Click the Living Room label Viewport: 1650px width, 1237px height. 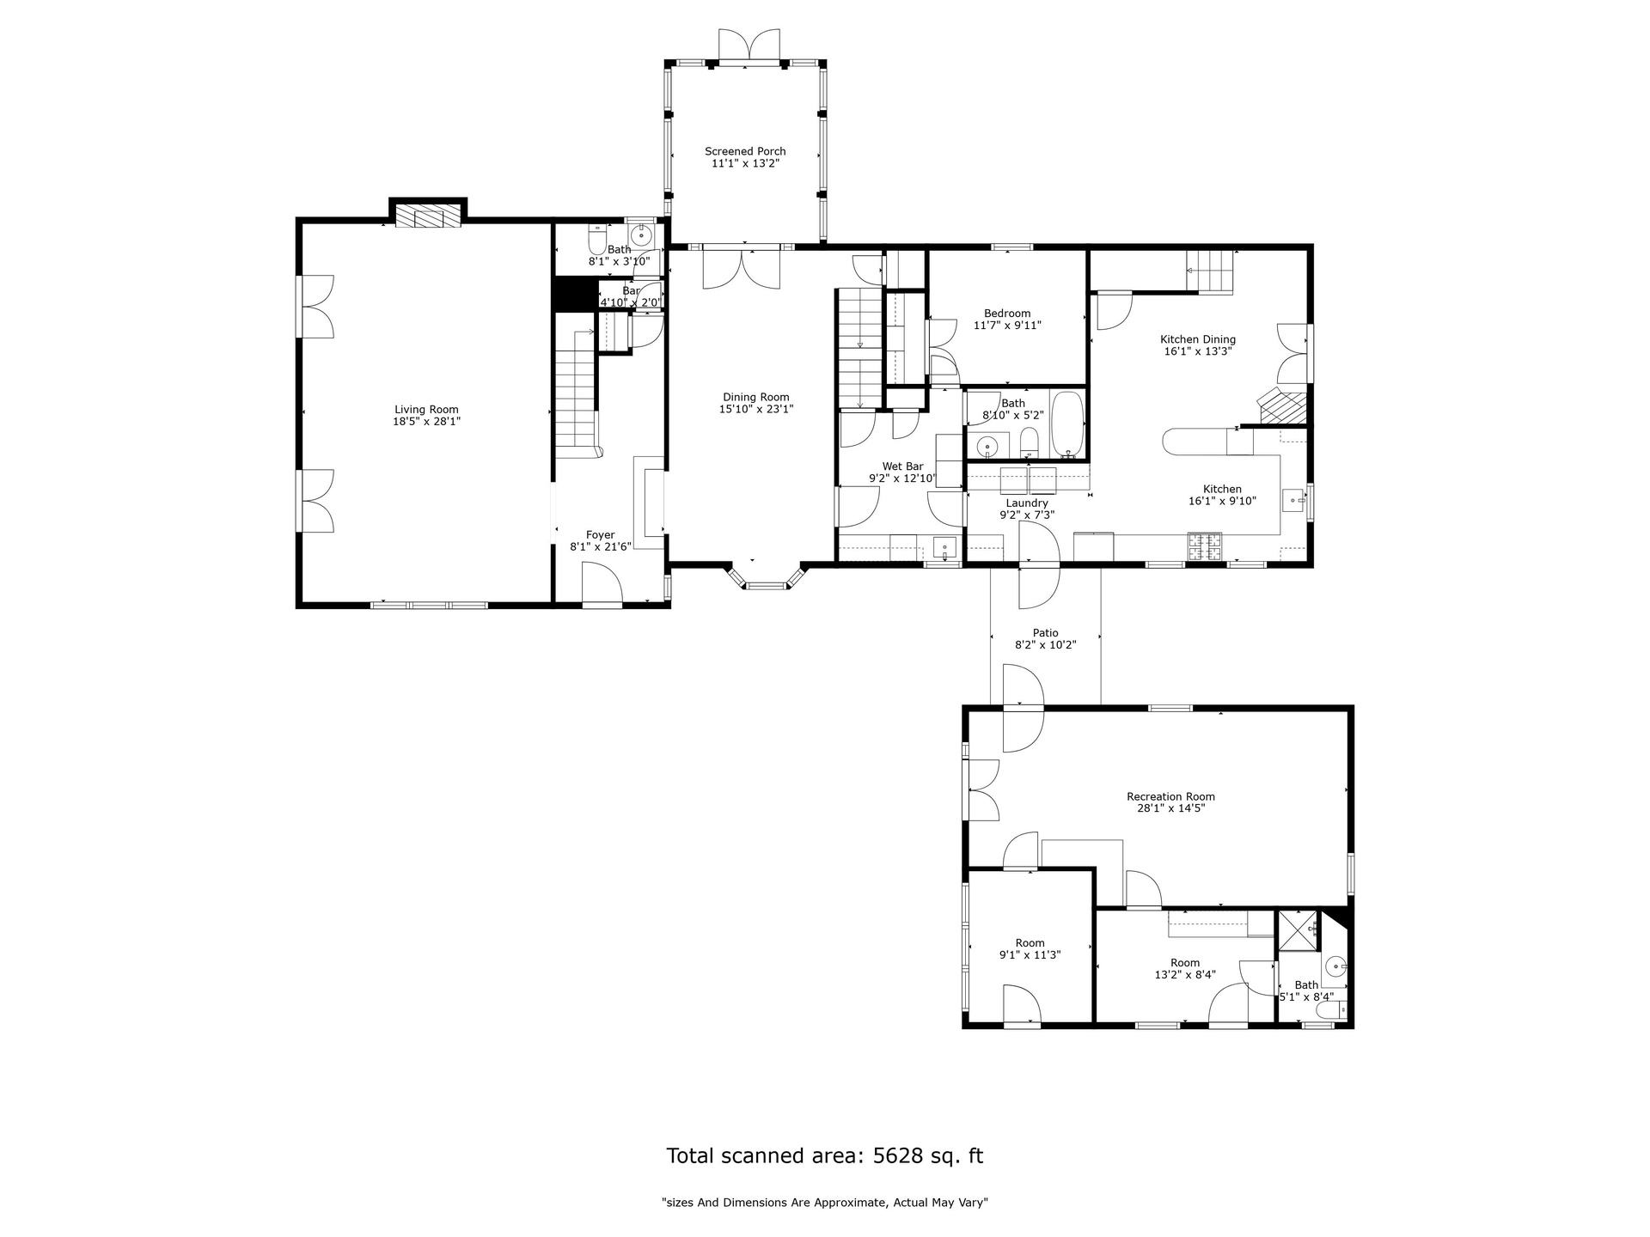[x=426, y=410]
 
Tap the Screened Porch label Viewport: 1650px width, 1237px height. [x=745, y=151]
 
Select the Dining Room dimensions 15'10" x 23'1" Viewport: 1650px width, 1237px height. [x=756, y=410]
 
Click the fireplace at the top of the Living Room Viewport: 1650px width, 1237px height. [x=428, y=216]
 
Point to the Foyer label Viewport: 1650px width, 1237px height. [x=601, y=535]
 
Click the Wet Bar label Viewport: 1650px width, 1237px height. [x=902, y=466]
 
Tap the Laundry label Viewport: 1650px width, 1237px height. [x=1027, y=503]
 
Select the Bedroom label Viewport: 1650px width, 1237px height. [x=1007, y=314]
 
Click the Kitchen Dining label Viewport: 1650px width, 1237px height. [x=1198, y=339]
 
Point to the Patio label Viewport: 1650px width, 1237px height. [x=1046, y=633]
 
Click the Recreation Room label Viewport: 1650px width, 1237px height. [x=1170, y=796]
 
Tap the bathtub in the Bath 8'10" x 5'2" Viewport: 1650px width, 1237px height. [x=1068, y=424]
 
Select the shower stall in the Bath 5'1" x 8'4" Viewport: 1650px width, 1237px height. [x=1298, y=930]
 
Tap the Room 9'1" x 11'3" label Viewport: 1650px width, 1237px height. [x=1030, y=942]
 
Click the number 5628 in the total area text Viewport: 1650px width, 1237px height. [x=901, y=1155]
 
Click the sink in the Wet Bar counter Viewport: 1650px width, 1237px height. [x=944, y=546]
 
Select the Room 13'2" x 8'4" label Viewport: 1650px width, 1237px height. [x=1184, y=963]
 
